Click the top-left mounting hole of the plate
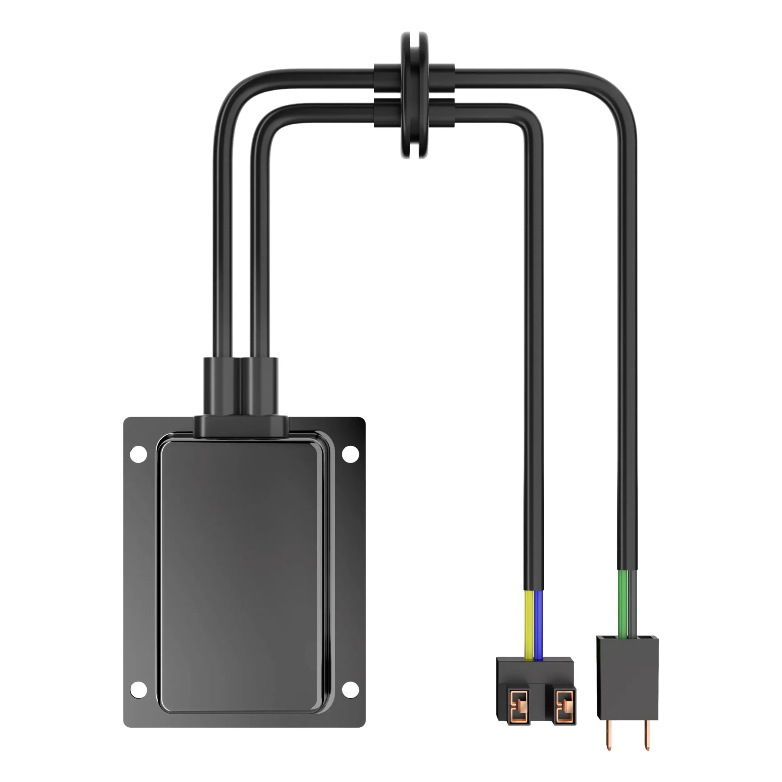pos(138,454)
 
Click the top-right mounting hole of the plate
pos(350,454)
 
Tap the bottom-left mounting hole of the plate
pos(138,690)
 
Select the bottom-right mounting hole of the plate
pos(350,690)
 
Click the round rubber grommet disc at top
pos(414,95)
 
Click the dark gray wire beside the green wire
pos(632,603)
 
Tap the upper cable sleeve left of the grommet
pos(387,78)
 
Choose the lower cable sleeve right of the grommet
pos(442,113)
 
